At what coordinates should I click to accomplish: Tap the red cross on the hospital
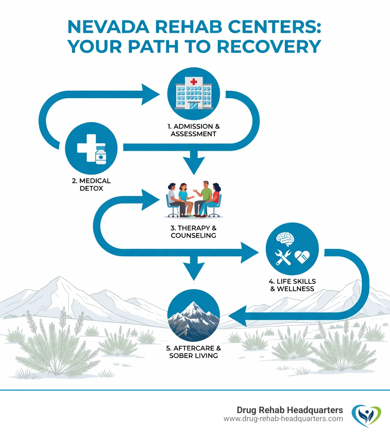coord(194,81)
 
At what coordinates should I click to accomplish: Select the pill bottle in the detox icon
coord(101,155)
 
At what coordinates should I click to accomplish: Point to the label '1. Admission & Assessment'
coord(194,130)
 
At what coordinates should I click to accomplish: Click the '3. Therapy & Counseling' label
coord(194,231)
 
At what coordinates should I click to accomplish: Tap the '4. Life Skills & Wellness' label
coord(292,285)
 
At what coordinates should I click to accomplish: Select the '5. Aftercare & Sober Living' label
coord(194,352)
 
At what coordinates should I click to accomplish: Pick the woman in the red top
coord(214,199)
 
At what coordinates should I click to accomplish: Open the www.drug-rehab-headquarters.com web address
coord(283,419)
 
